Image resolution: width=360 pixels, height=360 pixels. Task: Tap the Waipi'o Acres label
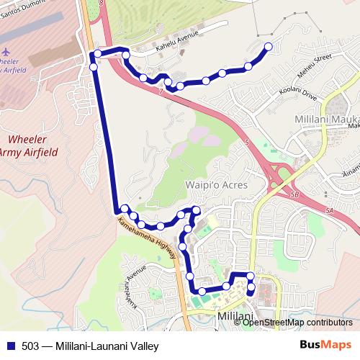218,185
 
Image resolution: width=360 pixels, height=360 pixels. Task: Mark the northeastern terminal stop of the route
269,47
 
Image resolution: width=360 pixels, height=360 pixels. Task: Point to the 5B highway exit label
290,193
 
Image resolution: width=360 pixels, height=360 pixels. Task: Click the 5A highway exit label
330,210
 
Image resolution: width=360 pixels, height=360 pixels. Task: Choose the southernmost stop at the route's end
251,292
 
